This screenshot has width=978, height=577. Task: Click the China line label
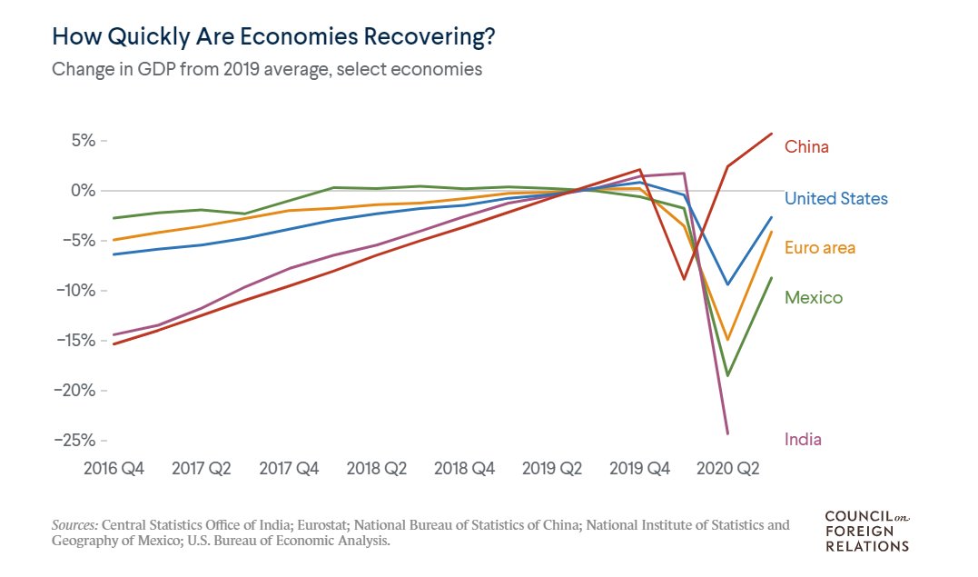[x=806, y=147]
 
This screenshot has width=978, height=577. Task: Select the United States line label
[x=835, y=198]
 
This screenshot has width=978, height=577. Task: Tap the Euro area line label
[x=819, y=247]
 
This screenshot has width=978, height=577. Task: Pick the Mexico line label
[x=813, y=297]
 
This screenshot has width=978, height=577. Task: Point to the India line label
[x=803, y=440]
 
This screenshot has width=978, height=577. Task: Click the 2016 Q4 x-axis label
[x=113, y=469]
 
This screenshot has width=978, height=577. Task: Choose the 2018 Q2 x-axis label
[x=376, y=469]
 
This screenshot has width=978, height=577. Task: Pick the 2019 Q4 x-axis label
[x=639, y=469]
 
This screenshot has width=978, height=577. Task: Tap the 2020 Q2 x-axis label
[x=727, y=469]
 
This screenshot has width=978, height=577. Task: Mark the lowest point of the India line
[x=727, y=433]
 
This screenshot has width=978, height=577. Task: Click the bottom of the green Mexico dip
[x=727, y=375]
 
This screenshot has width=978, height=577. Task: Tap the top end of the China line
[x=772, y=134]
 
